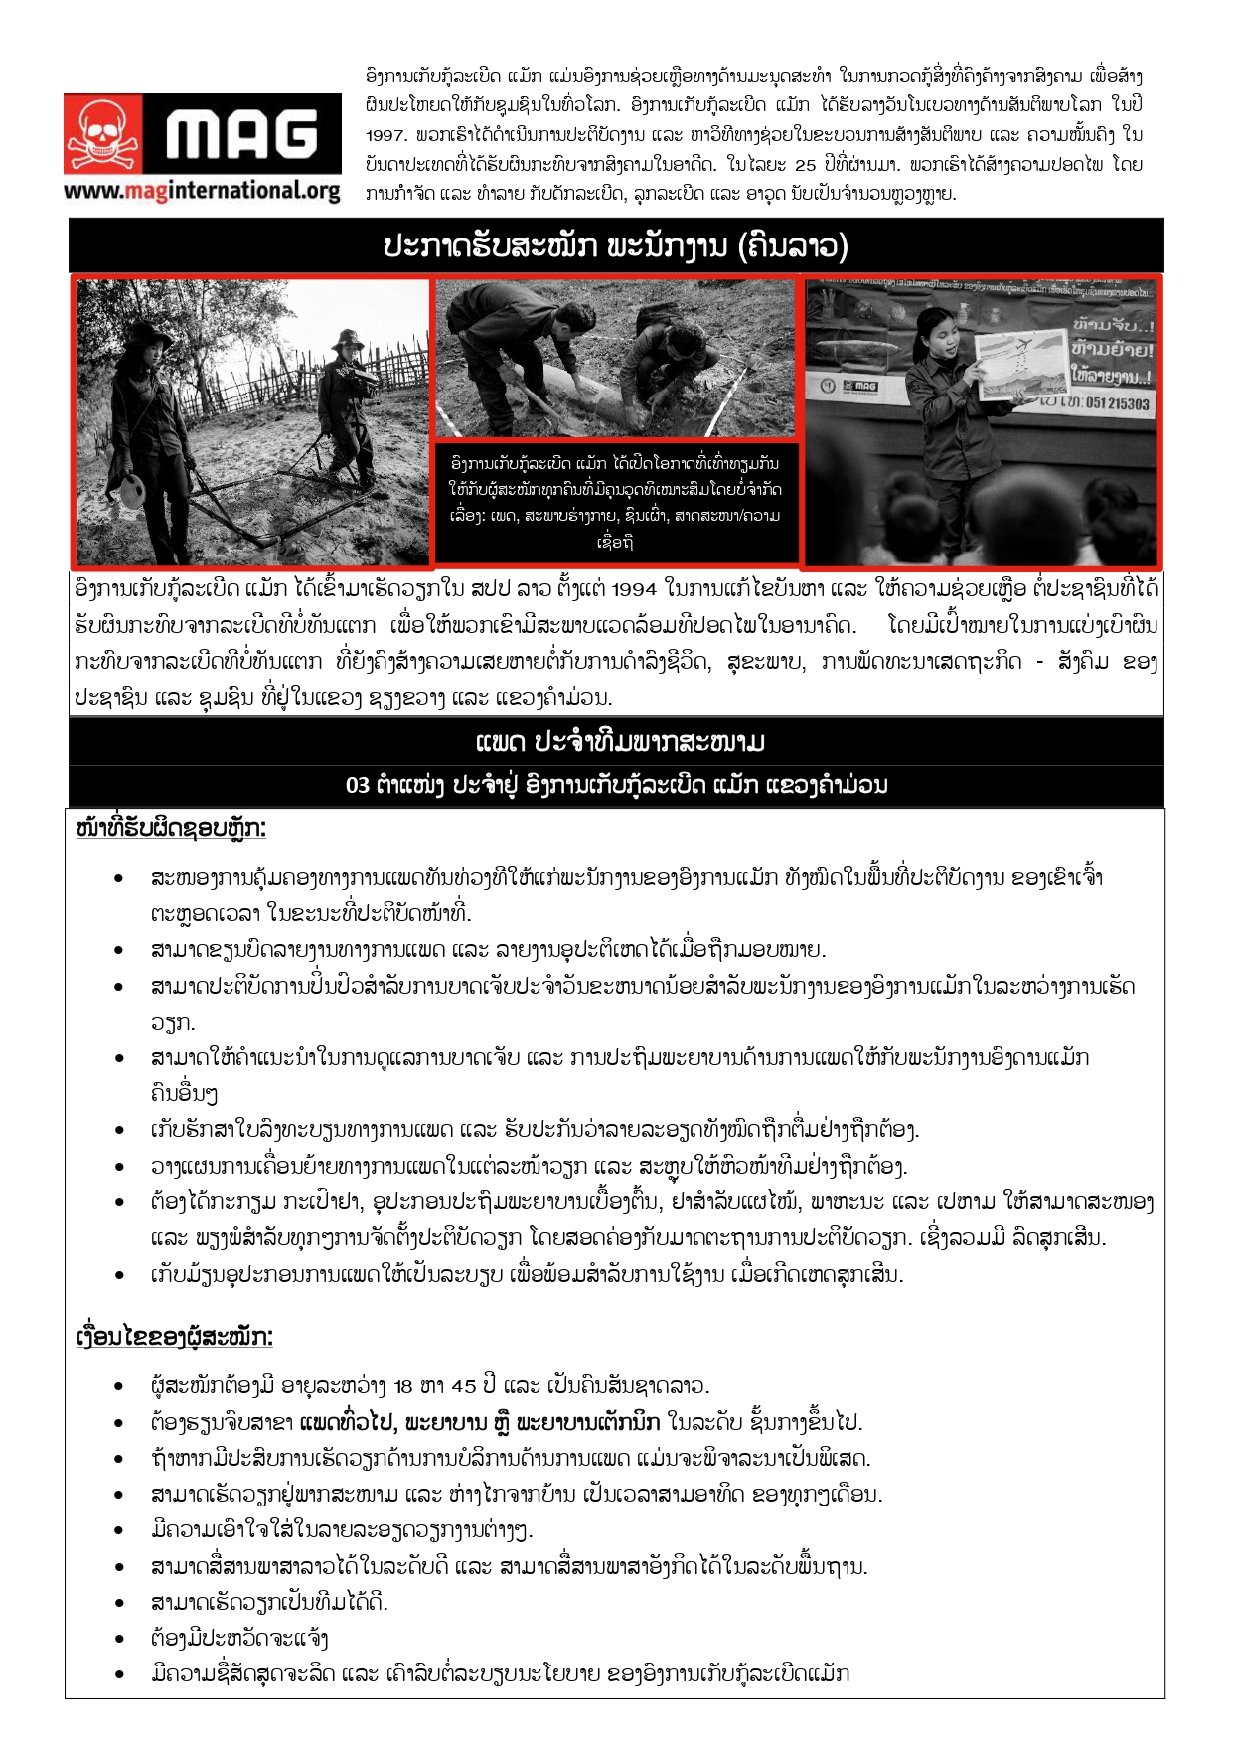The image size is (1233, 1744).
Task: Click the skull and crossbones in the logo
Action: pos(104,136)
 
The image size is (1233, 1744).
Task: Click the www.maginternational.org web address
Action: pos(202,190)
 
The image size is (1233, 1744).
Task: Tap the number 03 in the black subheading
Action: pos(358,786)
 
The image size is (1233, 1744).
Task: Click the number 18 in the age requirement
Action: pos(403,1386)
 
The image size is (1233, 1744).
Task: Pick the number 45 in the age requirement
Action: pos(464,1386)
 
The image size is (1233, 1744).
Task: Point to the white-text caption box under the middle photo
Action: pos(615,502)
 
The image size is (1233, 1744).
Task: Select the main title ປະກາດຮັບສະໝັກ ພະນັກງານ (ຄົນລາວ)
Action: pos(615,246)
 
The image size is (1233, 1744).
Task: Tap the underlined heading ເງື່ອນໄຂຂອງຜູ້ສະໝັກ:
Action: pos(174,1337)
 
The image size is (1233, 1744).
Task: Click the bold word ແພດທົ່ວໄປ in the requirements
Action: pos(346,1422)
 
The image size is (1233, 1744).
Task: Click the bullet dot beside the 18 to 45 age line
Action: pos(119,1386)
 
